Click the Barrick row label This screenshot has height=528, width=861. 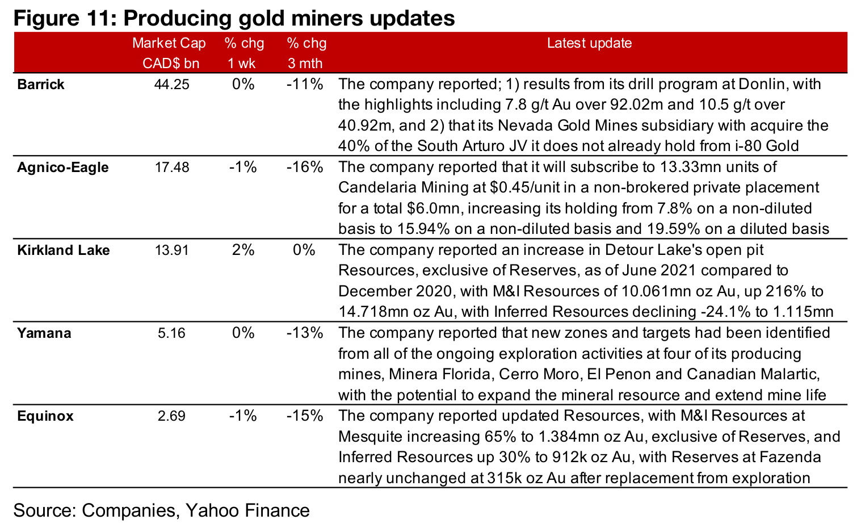pyautogui.click(x=41, y=85)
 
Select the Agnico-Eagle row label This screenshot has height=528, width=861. pyautogui.click(x=62, y=167)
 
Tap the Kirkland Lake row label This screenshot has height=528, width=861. pyautogui.click(x=63, y=250)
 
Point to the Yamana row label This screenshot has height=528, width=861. pyautogui.click(x=44, y=333)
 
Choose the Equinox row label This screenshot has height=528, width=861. pyautogui.click(x=45, y=416)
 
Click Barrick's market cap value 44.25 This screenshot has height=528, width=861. pyautogui.click(x=171, y=85)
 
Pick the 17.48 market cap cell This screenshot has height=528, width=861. pyautogui.click(x=171, y=167)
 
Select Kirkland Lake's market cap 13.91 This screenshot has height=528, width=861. pyautogui.click(x=171, y=250)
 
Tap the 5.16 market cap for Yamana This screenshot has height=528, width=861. pyautogui.click(x=171, y=333)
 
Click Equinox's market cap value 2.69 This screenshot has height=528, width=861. pyautogui.click(x=171, y=416)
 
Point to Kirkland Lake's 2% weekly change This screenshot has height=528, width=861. pyautogui.click(x=243, y=250)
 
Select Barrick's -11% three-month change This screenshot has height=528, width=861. pyautogui.click(x=305, y=85)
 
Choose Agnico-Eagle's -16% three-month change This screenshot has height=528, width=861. pyautogui.click(x=305, y=167)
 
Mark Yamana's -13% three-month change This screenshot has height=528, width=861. pyautogui.click(x=305, y=333)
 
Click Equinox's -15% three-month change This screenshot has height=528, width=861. pyautogui.click(x=305, y=416)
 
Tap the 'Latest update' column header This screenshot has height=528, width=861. pyautogui.click(x=589, y=43)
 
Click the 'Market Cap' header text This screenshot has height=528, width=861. pyautogui.click(x=169, y=43)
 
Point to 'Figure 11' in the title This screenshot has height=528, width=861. pyautogui.click(x=61, y=18)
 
